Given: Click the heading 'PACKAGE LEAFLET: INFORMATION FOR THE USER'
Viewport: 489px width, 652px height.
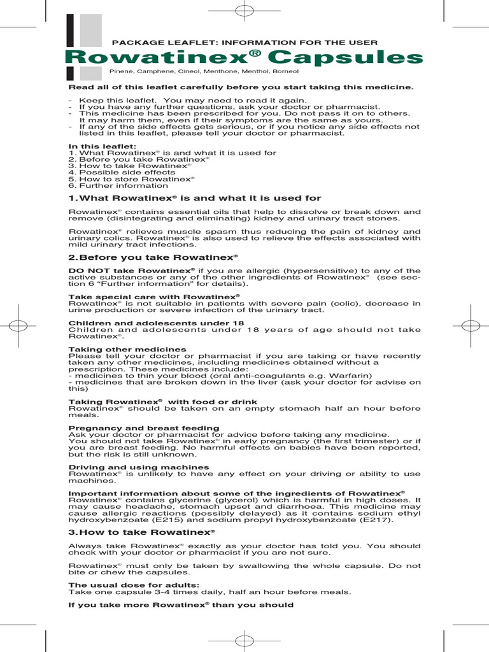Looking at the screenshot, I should tap(245, 43).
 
